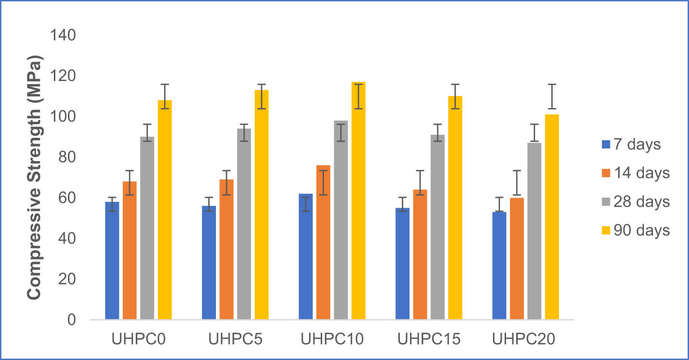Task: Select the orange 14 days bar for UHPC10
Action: click(x=323, y=243)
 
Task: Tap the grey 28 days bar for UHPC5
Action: click(x=244, y=224)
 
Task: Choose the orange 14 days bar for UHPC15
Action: click(x=420, y=254)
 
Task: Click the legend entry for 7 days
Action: click(x=631, y=144)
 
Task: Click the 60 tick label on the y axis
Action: click(x=65, y=198)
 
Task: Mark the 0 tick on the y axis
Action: click(x=71, y=320)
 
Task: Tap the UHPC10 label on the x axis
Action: click(x=332, y=339)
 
